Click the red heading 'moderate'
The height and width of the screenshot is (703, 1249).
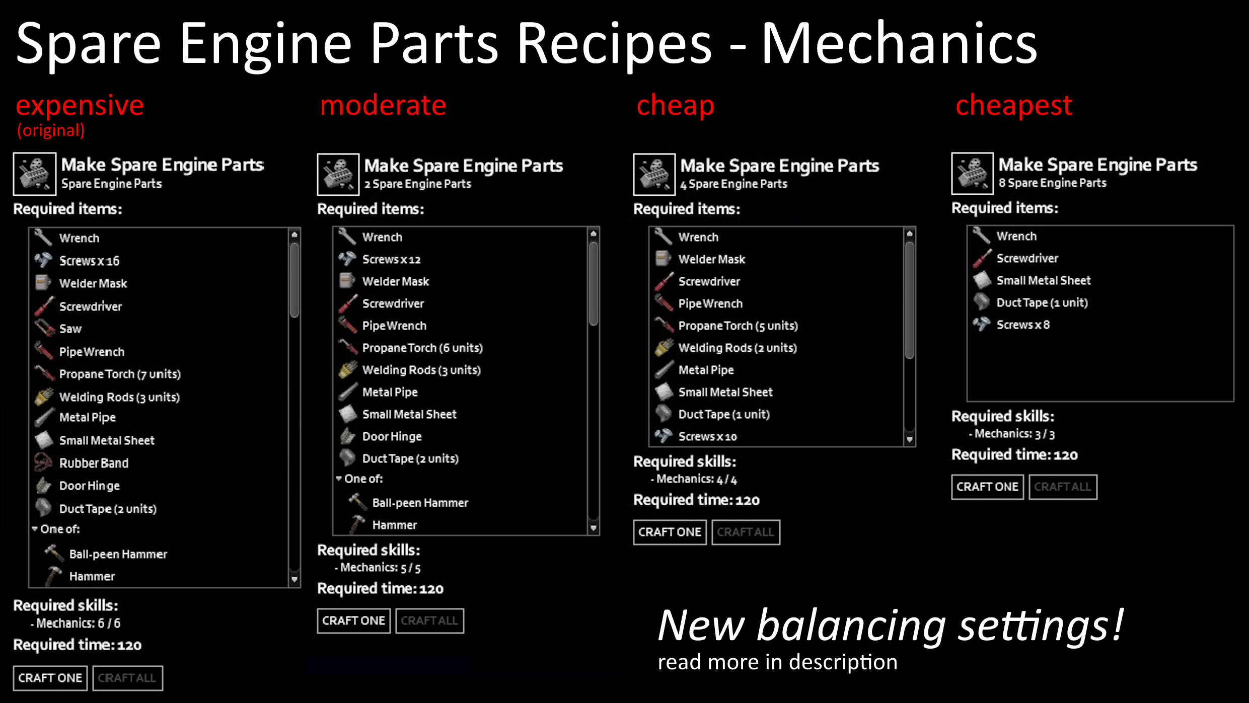[383, 106]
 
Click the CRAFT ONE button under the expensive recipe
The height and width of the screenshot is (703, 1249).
[50, 678]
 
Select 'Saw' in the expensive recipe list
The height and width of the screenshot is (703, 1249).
[70, 329]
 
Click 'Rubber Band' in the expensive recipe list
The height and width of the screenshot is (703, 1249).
[94, 463]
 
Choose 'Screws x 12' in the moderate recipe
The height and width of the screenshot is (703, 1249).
[391, 260]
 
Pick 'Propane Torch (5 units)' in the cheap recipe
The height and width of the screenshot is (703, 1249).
[738, 326]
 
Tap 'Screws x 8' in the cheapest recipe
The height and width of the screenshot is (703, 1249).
[1023, 325]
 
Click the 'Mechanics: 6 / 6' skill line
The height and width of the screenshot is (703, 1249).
[78, 623]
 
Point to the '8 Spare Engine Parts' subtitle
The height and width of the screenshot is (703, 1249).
[1052, 183]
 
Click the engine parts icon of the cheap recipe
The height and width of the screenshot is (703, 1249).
[654, 175]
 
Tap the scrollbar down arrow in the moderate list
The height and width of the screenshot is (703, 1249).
[594, 528]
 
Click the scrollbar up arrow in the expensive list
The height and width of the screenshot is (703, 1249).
[295, 235]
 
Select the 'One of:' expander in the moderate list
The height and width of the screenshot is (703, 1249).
[359, 479]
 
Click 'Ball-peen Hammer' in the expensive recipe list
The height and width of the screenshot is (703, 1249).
[118, 555]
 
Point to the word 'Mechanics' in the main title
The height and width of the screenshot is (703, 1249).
[899, 44]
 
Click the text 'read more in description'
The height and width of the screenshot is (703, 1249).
[777, 662]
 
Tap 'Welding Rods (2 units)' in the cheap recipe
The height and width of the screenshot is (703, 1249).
[738, 348]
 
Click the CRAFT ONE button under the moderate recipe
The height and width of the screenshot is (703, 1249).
[353, 620]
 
